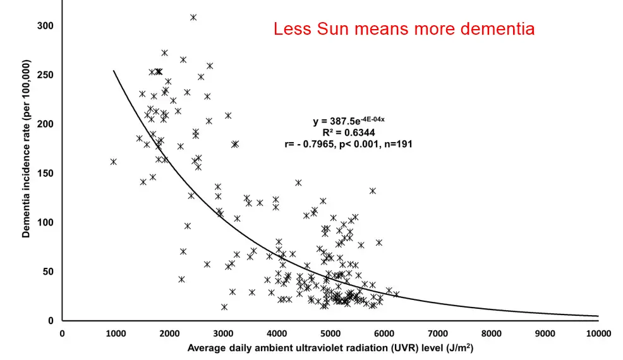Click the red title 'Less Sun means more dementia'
(404, 29)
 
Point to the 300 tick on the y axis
(45, 26)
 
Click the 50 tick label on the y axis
(48, 272)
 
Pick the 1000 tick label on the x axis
(115, 333)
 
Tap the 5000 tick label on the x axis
(330, 333)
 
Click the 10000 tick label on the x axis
(597, 333)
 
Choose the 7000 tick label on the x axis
(437, 333)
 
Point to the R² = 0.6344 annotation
(349, 133)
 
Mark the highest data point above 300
(193, 17)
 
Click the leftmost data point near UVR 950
(114, 162)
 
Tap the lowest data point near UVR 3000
(224, 307)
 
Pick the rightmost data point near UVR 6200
(396, 294)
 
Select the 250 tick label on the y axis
(45, 75)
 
